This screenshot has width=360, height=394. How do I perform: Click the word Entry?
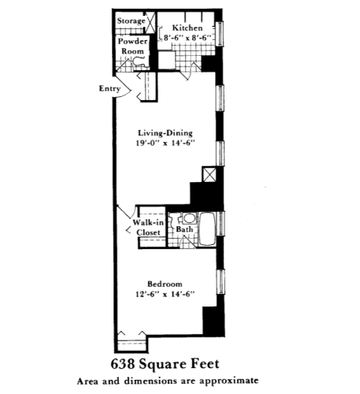(109, 88)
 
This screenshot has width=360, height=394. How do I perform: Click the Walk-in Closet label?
(147, 227)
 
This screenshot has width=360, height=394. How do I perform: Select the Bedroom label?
(165, 284)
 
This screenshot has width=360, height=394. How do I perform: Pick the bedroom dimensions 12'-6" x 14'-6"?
(165, 295)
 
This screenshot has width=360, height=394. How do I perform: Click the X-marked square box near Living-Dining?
(210, 174)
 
